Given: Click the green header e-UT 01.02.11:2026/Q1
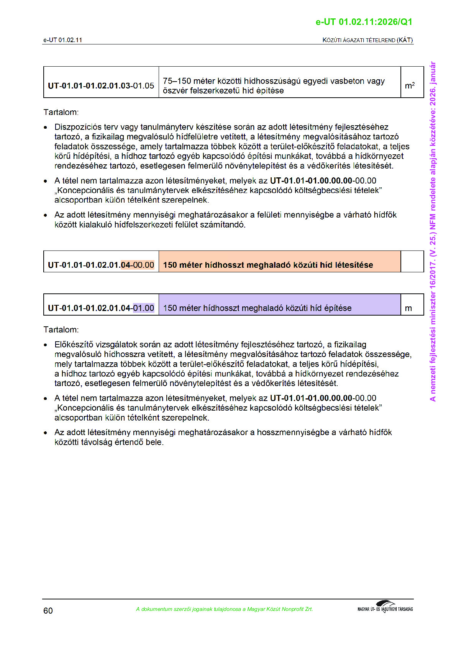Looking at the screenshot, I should (x=364, y=22).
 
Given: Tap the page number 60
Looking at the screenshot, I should (x=48, y=611).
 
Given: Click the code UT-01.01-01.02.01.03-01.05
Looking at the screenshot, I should (x=101, y=85).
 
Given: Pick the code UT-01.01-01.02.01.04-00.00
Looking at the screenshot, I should (x=101, y=265).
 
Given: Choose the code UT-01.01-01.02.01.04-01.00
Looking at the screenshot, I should (x=101, y=308).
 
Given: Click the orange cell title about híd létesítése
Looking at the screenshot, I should (x=268, y=265).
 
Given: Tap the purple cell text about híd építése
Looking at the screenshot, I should (x=257, y=308).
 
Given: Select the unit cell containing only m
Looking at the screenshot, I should (x=408, y=308).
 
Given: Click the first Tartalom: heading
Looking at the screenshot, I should (x=61, y=112).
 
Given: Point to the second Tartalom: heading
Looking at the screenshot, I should (x=61, y=329).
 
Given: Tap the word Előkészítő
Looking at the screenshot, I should (x=74, y=344).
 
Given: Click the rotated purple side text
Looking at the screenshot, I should (x=433, y=231).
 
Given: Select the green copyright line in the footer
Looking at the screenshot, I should (x=224, y=609).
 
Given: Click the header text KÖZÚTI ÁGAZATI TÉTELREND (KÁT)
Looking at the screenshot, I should (x=367, y=40).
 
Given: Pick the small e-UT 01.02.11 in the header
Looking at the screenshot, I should (x=62, y=40).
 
